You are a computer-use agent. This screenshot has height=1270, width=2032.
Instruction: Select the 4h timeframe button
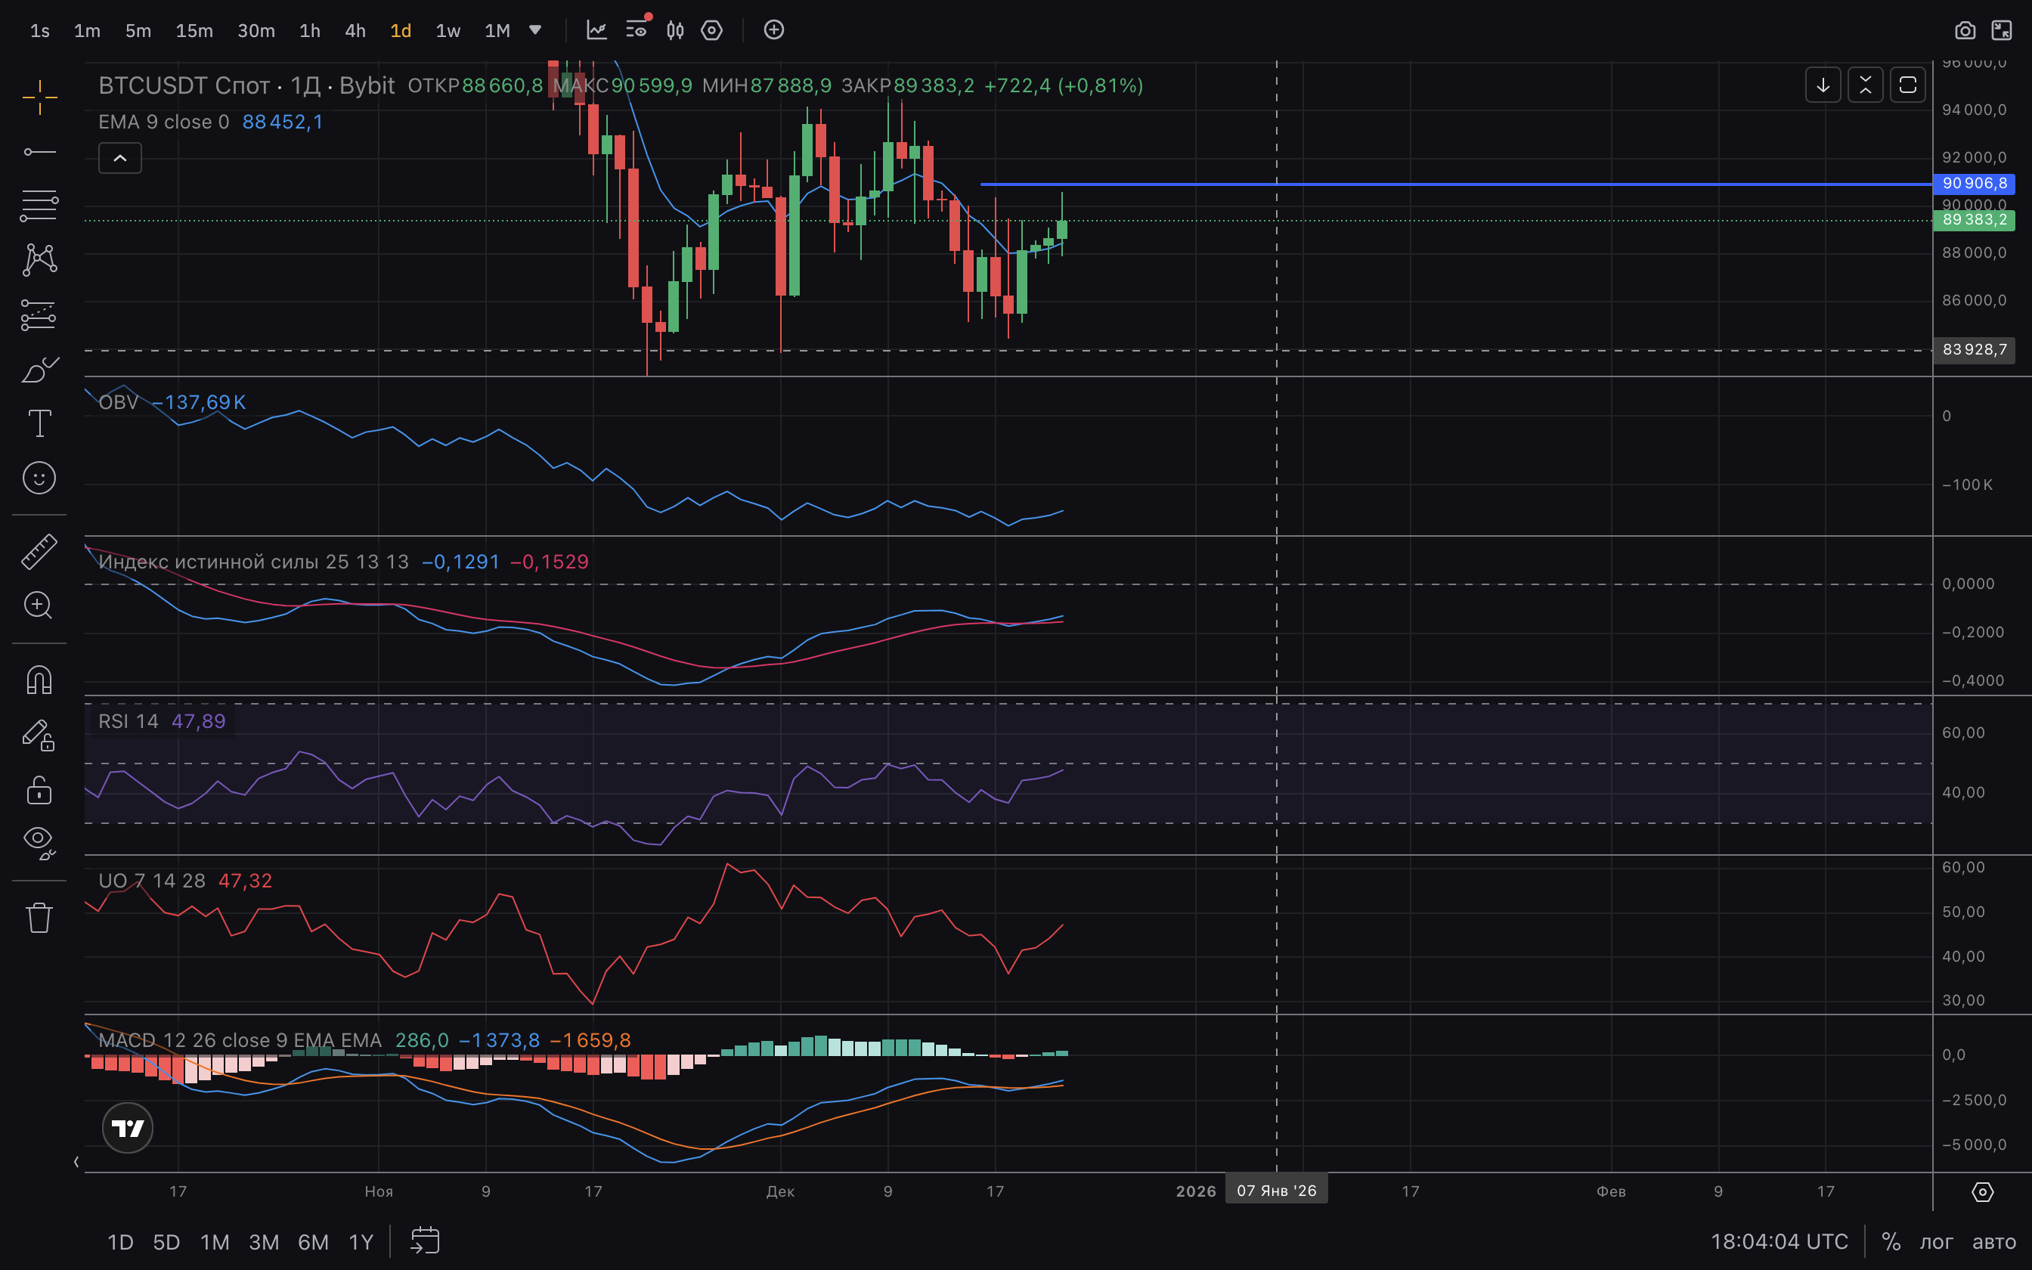click(x=355, y=31)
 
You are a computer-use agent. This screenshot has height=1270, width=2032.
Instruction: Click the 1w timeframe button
click(x=448, y=31)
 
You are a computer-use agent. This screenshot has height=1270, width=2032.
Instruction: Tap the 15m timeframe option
click(x=194, y=31)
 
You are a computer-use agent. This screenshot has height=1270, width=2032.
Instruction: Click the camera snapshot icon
click(x=1964, y=31)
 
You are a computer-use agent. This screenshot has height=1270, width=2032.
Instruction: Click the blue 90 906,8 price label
click(x=1973, y=183)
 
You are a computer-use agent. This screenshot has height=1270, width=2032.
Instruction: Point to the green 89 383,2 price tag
click(x=1973, y=220)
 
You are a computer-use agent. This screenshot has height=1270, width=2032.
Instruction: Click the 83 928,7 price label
click(x=1973, y=349)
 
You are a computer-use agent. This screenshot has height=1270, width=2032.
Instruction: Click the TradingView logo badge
click(x=128, y=1128)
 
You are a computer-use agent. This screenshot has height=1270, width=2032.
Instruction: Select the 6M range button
click(x=313, y=1242)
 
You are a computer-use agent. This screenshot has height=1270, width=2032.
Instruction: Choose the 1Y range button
click(x=361, y=1242)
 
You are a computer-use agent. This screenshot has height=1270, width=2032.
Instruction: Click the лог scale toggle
click(x=1936, y=1242)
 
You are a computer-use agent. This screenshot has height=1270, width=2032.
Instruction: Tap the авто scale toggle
click(x=1993, y=1242)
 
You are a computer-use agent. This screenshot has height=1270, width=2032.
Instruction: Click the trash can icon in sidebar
click(x=39, y=917)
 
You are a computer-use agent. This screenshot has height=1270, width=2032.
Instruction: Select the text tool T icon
click(x=39, y=423)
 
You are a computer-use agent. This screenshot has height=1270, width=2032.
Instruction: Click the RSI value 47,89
click(x=198, y=721)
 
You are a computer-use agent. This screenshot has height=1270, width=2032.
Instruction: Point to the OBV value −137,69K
click(x=199, y=402)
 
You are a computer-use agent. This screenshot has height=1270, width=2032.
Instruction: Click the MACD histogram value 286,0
click(x=422, y=1041)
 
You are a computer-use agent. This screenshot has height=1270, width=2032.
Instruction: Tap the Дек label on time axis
click(x=780, y=1191)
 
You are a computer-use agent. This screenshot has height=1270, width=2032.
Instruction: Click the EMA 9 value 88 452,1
click(x=282, y=122)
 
